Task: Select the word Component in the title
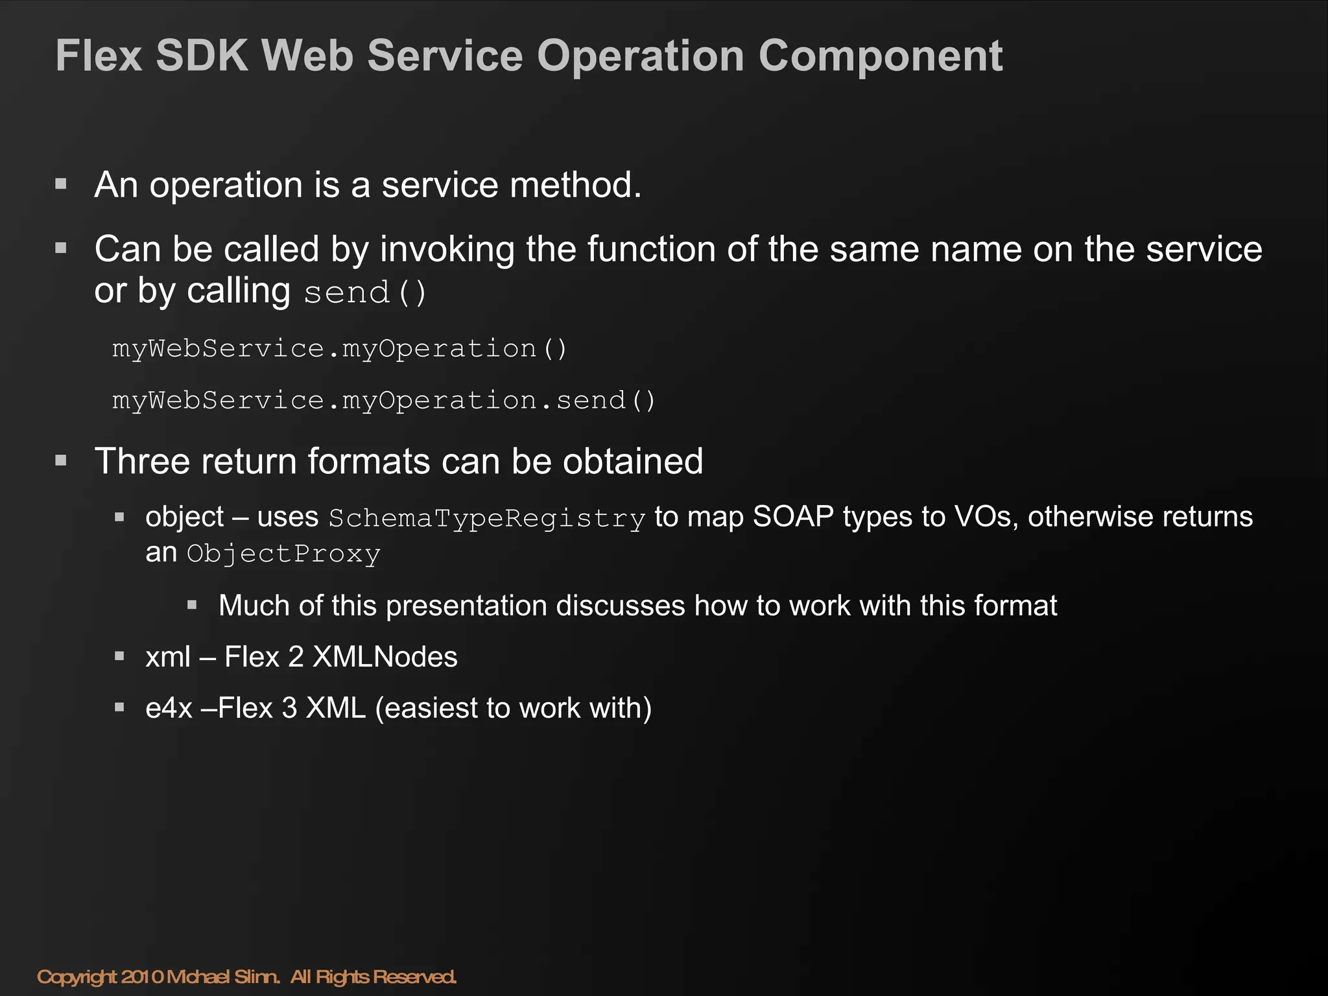tap(881, 57)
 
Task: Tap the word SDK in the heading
tap(202, 56)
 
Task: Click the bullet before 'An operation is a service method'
tap(61, 184)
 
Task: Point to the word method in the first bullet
tap(575, 185)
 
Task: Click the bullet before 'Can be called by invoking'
tap(61, 248)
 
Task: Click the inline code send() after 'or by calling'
tap(365, 292)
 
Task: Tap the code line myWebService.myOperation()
tap(340, 349)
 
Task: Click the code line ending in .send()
tap(384, 400)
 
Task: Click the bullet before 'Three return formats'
tap(61, 461)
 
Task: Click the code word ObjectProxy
tap(283, 554)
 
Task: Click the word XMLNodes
tap(385, 657)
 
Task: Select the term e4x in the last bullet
tap(169, 708)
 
